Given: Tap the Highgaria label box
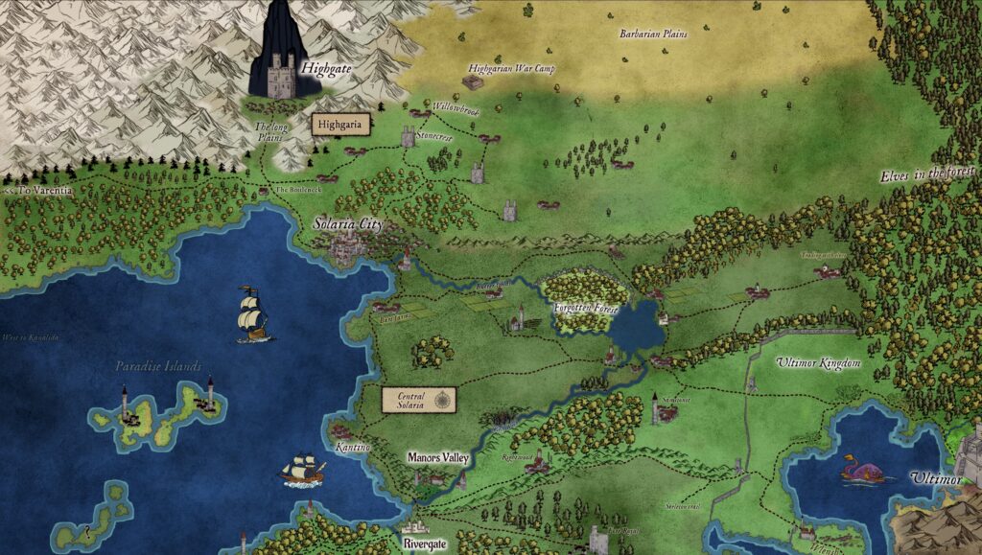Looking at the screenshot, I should click(x=340, y=125).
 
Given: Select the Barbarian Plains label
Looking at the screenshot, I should click(x=653, y=34).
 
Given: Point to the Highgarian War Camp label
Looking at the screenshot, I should click(x=512, y=69).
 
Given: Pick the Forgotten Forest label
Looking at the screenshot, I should click(x=586, y=308).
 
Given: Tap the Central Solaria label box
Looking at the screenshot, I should click(x=406, y=400).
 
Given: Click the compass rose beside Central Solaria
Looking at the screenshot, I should click(x=443, y=400).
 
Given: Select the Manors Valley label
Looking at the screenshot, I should click(x=437, y=458).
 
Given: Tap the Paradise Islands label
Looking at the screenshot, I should click(x=158, y=366).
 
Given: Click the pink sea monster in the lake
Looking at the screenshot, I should click(x=858, y=470).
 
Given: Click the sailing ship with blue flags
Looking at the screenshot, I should click(x=252, y=314).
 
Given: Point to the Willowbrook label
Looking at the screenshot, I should click(x=454, y=109).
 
